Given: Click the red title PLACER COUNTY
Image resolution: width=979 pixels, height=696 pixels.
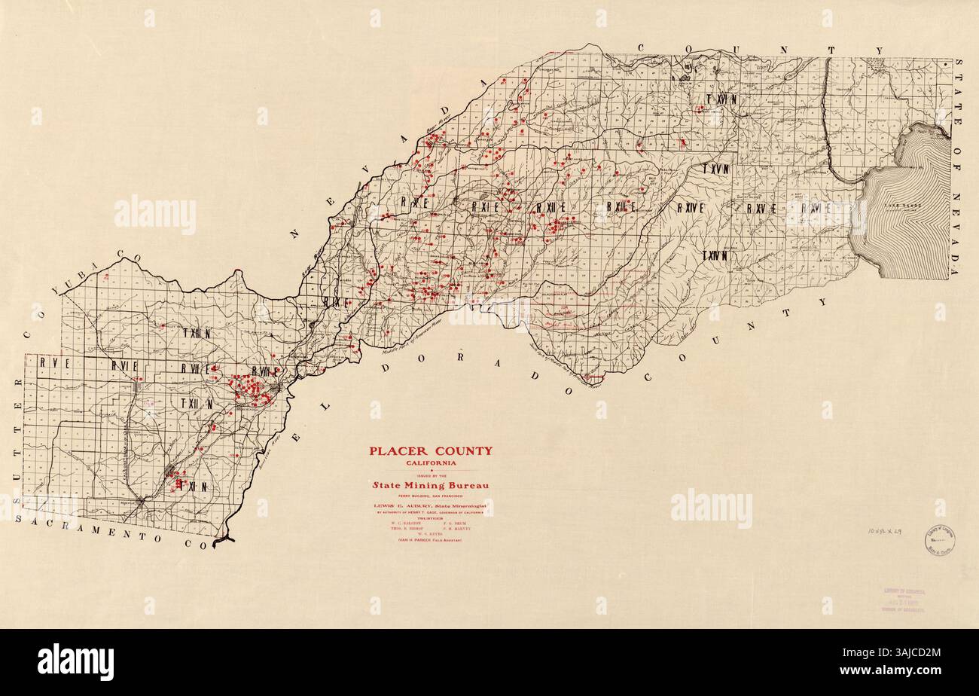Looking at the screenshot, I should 430,451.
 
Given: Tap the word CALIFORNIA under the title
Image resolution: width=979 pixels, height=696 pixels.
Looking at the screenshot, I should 430,462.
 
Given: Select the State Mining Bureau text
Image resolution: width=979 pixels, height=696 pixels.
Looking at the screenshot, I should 430,485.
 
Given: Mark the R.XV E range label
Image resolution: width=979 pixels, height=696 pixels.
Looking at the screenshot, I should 761,209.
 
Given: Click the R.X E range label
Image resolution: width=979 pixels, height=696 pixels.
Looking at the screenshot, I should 415,203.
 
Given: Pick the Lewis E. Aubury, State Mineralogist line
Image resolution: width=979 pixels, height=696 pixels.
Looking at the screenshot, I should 430,506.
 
